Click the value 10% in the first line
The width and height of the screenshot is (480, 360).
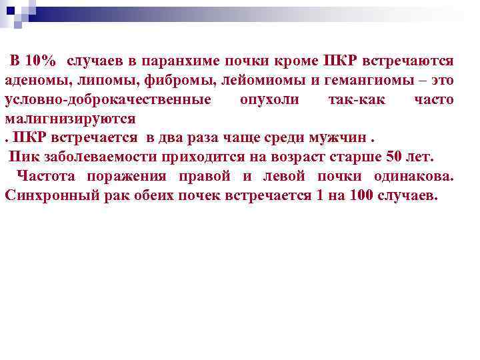pyautogui.click(x=41, y=61)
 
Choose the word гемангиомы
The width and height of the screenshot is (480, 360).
pyautogui.click(x=361, y=81)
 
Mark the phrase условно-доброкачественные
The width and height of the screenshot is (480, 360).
pyautogui.click(x=108, y=100)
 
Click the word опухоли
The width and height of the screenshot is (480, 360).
pyautogui.click(x=269, y=100)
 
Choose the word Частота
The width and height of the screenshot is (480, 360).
pyautogui.click(x=46, y=177)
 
